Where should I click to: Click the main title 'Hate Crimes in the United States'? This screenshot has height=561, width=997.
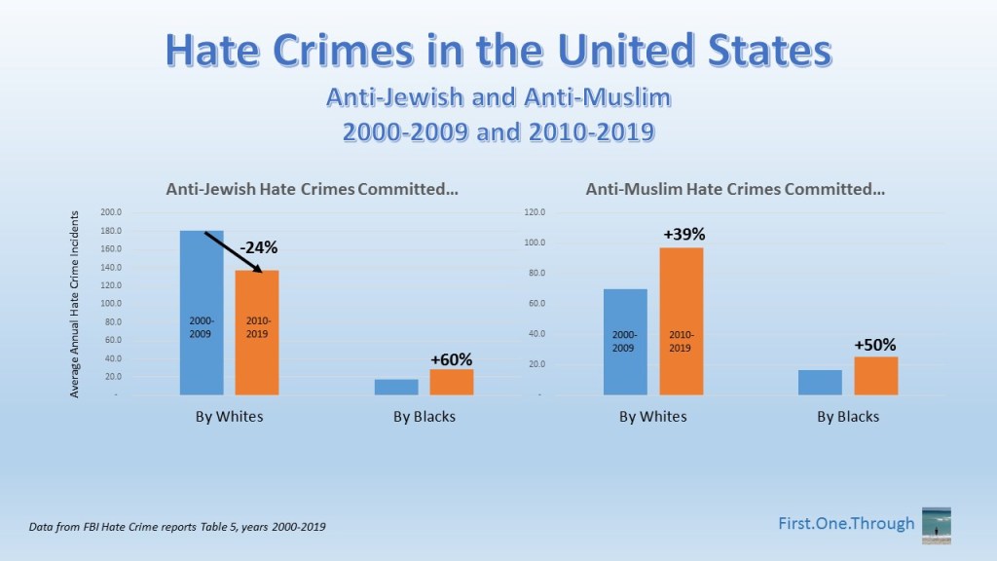click(498, 51)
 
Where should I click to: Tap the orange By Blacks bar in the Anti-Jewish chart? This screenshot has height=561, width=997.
click(452, 382)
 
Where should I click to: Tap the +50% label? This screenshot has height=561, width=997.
click(875, 344)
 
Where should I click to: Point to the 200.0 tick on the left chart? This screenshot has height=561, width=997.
click(110, 212)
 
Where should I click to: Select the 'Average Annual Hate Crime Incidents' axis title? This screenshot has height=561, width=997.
click(74, 304)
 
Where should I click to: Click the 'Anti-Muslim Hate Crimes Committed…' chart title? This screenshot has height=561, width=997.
click(735, 190)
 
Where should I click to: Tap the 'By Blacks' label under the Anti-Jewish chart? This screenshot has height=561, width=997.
click(425, 417)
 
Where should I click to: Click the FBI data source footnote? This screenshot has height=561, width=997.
click(177, 527)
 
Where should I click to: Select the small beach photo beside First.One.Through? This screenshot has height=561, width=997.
click(936, 525)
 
